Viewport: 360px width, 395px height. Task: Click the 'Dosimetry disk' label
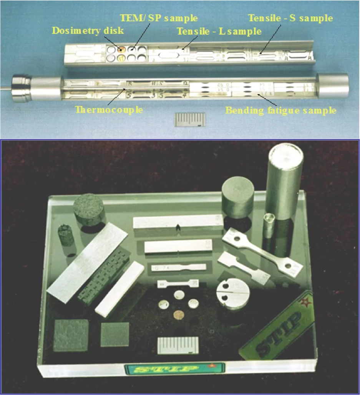pyautogui.click(x=88, y=30)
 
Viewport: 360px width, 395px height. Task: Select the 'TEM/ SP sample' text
pyautogui.click(x=159, y=18)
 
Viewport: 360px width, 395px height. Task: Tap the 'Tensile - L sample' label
pyautogui.click(x=219, y=31)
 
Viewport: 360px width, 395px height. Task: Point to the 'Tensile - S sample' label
pyautogui.click(x=290, y=18)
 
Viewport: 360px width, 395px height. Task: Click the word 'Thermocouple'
pyautogui.click(x=109, y=110)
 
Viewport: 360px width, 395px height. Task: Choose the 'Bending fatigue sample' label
pyautogui.click(x=281, y=111)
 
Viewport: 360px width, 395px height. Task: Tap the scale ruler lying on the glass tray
pyautogui.click(x=178, y=345)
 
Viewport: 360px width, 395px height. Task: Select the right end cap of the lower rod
pyautogui.click(x=333, y=86)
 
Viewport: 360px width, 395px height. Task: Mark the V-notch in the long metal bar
pyautogui.click(x=178, y=227)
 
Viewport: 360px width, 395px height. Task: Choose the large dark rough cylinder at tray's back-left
pyautogui.click(x=90, y=209)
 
